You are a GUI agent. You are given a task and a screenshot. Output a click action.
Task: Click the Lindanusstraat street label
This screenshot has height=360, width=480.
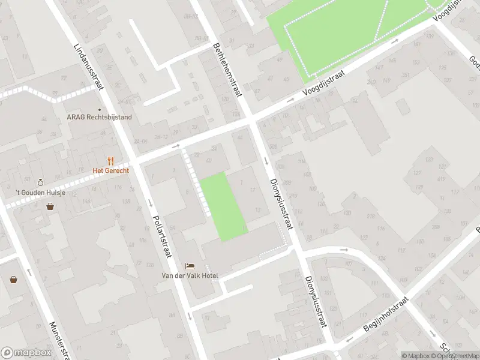tap(88, 67)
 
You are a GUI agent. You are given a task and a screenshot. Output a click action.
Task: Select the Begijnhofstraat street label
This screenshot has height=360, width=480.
tap(386, 315)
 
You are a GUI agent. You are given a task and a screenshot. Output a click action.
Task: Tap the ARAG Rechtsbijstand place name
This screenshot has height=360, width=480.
tap(99, 117)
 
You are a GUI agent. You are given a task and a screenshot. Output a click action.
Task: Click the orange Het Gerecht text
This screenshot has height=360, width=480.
tap(110, 170)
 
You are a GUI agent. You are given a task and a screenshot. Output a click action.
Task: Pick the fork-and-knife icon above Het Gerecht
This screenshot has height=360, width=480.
tap(110, 161)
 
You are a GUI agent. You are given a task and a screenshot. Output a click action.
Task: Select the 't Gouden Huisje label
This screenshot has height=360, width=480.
tap(40, 193)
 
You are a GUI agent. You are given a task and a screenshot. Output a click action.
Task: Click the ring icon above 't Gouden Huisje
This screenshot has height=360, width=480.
tap(40, 182)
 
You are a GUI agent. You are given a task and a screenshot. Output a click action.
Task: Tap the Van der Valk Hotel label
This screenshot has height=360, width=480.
tap(190, 275)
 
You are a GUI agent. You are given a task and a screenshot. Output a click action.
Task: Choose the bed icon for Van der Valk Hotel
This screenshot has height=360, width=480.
tap(190, 266)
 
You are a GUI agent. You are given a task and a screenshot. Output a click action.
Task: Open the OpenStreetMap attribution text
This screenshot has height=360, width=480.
tap(454, 356)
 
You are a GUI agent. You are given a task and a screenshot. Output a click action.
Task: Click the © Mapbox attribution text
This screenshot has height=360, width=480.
tap(415, 356)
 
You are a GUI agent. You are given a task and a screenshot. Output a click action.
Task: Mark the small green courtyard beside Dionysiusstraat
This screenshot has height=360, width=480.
tap(223, 206)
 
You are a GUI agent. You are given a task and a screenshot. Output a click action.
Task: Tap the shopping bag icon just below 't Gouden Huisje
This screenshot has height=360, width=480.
tap(50, 207)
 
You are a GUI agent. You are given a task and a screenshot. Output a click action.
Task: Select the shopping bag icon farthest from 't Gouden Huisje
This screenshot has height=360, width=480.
tap(13, 279)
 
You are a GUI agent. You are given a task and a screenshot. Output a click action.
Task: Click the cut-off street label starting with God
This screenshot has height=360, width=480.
tap(473, 59)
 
